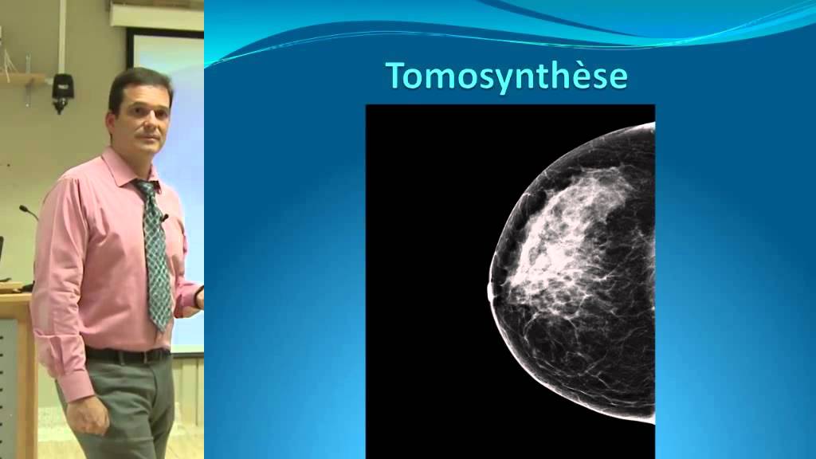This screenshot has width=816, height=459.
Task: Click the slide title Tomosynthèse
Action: point(508,76)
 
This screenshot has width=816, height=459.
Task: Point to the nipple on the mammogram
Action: point(490,291)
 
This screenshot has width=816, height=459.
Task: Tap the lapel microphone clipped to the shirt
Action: point(163,217)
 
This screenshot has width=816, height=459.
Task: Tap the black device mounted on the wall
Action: point(62,90)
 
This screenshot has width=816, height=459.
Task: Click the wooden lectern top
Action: point(15,297)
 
